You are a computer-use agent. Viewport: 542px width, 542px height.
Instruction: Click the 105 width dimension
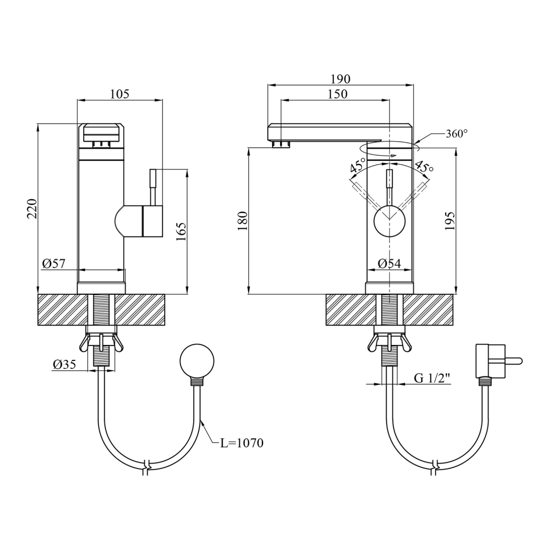coord(120,94)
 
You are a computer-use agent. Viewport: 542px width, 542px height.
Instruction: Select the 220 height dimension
coord(32,209)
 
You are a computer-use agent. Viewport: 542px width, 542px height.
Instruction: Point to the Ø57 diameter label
coord(53,264)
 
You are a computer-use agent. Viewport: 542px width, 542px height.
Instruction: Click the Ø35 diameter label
coord(64,364)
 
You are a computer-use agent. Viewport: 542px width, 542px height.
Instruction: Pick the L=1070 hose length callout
coord(241,443)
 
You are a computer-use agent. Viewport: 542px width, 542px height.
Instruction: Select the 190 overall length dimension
coord(340,79)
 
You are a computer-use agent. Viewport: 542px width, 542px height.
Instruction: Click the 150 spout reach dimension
coord(338,94)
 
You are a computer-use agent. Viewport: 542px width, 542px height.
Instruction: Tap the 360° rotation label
coord(456,133)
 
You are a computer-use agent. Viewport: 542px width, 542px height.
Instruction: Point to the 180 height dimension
coord(243,221)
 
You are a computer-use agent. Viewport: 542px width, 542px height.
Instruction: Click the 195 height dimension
coord(450,221)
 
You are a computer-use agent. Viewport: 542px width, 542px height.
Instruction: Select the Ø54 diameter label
coord(389,264)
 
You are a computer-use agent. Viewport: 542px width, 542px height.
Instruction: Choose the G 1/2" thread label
coord(432,378)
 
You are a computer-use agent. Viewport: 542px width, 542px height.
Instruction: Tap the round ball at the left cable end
coord(197,361)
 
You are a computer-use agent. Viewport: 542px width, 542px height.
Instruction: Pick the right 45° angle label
coord(424,167)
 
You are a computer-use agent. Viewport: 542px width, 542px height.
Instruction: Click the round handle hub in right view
coord(390,220)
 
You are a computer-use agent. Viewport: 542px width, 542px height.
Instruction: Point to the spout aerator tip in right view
coord(282,144)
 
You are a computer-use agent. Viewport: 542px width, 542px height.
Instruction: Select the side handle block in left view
coord(152,221)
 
